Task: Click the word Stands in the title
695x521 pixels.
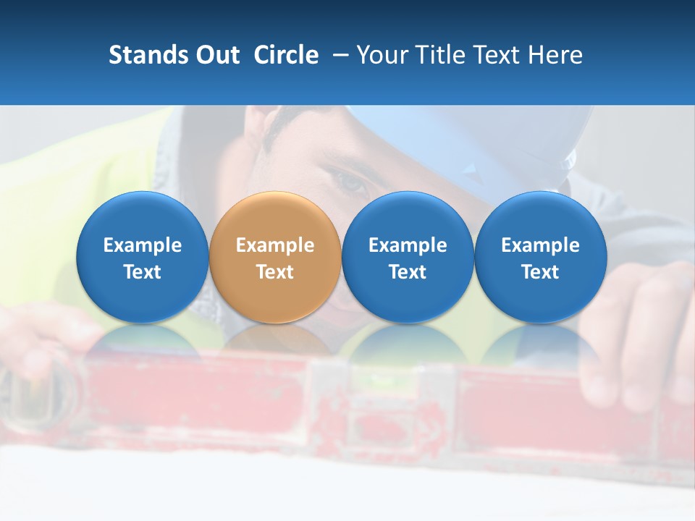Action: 148,55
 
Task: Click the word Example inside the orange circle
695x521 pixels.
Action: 275,245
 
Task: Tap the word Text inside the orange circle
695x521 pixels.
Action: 275,272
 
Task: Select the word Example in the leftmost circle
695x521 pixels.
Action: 143,245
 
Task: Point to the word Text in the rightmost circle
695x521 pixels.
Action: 540,272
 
